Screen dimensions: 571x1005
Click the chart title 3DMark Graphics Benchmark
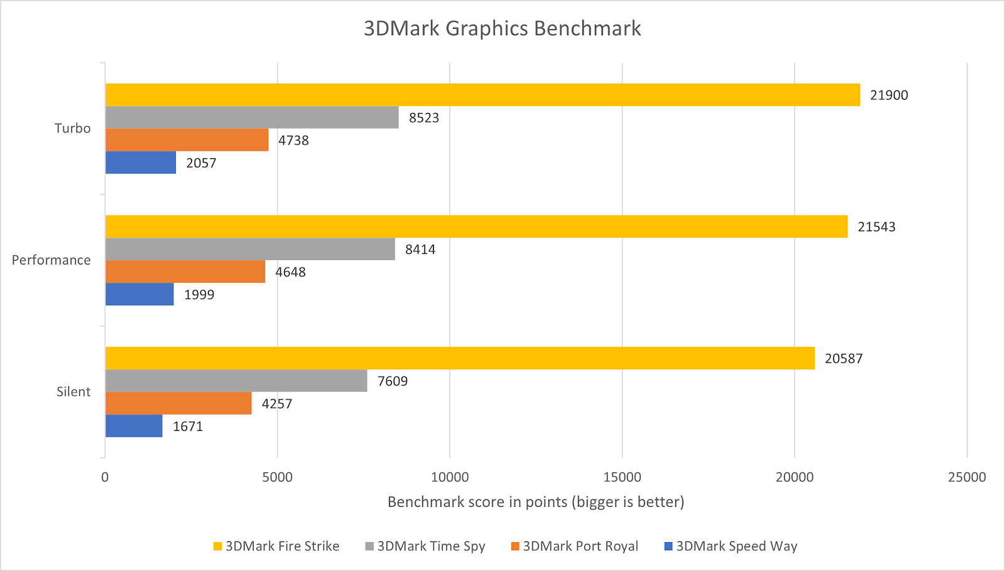(503, 29)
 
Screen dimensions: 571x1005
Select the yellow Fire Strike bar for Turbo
(482, 95)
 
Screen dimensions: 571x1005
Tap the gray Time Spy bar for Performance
(250, 249)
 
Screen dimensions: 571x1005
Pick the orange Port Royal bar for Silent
(178, 403)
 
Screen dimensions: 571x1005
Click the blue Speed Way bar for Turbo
(141, 163)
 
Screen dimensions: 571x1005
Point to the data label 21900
(889, 95)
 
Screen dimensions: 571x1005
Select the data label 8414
(420, 250)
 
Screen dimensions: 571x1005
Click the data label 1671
(188, 427)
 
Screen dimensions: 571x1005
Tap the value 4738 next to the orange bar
(293, 141)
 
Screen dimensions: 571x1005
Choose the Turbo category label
(73, 129)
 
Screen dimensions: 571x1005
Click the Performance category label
(52, 260)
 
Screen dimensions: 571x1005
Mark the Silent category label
(73, 392)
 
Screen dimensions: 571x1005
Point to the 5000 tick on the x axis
(277, 477)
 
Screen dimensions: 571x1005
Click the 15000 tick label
(622, 477)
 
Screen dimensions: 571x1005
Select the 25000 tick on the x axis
(967, 477)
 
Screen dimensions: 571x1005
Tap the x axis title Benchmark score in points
(536, 502)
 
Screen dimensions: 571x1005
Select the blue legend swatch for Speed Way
(669, 547)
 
